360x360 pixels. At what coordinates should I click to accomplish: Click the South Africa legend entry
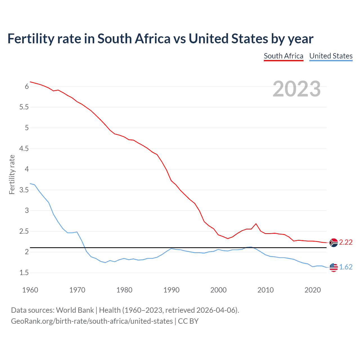pyautogui.click(x=283, y=56)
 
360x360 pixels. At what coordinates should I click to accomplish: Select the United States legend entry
pyautogui.click(x=331, y=56)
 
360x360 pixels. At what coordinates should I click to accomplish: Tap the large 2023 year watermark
pyautogui.click(x=297, y=89)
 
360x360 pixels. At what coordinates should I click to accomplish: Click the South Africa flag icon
pyautogui.click(x=334, y=242)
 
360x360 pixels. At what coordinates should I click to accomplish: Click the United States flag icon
pyautogui.click(x=334, y=267)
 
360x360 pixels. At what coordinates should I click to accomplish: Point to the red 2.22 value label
pyautogui.click(x=346, y=242)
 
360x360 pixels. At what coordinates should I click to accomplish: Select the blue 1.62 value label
pyautogui.click(x=346, y=267)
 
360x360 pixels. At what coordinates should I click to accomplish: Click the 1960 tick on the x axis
pyautogui.click(x=30, y=290)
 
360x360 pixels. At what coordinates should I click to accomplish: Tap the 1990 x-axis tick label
pyautogui.click(x=171, y=290)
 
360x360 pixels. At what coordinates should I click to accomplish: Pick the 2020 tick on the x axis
pyautogui.click(x=312, y=290)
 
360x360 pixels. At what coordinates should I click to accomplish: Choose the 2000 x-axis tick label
pyautogui.click(x=218, y=290)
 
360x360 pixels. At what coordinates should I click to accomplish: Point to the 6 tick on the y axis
pyautogui.click(x=27, y=87)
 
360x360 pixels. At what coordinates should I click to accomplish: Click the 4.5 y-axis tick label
pyautogui.click(x=24, y=148)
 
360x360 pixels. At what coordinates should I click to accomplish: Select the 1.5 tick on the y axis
pyautogui.click(x=24, y=273)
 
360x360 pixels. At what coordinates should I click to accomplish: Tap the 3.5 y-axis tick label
pyautogui.click(x=24, y=190)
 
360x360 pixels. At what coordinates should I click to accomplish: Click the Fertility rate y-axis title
pyautogui.click(x=12, y=175)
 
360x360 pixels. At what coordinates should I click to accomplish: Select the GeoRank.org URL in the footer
pyautogui.click(x=92, y=321)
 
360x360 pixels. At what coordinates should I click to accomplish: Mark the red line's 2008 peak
pyautogui.click(x=256, y=224)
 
